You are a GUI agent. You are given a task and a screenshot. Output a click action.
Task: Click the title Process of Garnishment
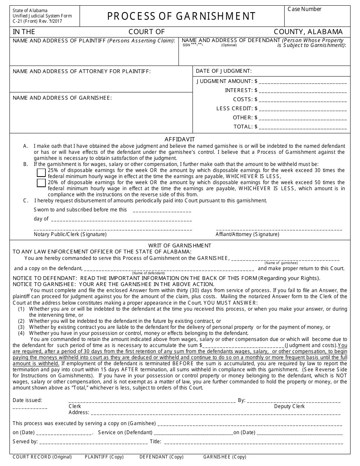(x=182, y=16)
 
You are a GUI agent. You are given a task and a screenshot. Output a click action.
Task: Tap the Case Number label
(x=304, y=9)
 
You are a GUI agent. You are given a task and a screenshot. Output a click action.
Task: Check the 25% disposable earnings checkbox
(x=41, y=173)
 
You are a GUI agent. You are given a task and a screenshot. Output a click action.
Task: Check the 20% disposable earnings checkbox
(x=41, y=183)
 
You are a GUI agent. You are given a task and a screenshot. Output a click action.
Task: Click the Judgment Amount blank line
(x=303, y=81)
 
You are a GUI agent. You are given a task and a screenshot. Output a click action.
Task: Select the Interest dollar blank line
(x=303, y=91)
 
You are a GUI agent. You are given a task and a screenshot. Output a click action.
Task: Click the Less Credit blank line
(x=303, y=109)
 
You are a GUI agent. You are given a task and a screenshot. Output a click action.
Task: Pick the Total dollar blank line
(x=303, y=127)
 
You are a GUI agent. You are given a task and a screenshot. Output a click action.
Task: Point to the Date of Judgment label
(x=224, y=71)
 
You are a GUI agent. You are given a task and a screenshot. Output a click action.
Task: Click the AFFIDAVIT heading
(x=180, y=139)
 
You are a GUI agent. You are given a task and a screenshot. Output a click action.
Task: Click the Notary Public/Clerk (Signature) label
(x=70, y=235)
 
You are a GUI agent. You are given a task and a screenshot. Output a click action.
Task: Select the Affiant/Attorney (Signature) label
(x=247, y=235)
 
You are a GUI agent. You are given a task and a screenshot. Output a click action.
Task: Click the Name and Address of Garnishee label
(x=62, y=98)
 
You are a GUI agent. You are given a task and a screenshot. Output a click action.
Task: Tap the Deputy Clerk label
(x=289, y=406)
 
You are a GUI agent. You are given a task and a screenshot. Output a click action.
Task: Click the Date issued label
(x=27, y=400)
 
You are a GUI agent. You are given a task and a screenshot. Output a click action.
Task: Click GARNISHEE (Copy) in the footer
(x=224, y=457)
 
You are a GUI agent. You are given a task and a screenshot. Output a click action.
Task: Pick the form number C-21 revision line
(x=37, y=21)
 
